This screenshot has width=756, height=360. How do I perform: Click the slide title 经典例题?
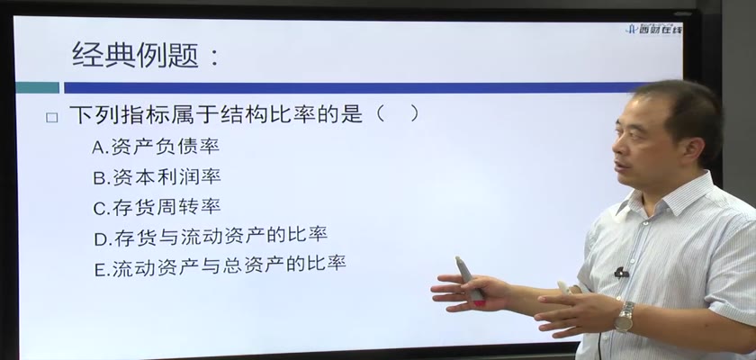coord(135,55)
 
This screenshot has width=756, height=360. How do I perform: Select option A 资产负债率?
coord(155,147)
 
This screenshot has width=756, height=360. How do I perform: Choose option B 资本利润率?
coord(157,177)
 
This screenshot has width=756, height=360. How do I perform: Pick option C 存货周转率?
coord(157,207)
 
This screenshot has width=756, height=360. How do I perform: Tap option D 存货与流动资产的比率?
coord(211,236)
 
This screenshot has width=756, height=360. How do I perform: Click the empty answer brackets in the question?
coord(397,113)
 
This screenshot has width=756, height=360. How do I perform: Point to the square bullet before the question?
coord(51,118)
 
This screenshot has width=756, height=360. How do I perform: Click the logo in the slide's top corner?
coord(653,30)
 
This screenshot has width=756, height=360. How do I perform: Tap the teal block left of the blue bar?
coord(38,87)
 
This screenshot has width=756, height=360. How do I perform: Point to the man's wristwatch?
coord(625,316)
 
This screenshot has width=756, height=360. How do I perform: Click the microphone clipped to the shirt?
coord(622,273)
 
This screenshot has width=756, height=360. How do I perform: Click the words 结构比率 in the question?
coord(256,114)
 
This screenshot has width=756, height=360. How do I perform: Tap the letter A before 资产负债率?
coord(98,148)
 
